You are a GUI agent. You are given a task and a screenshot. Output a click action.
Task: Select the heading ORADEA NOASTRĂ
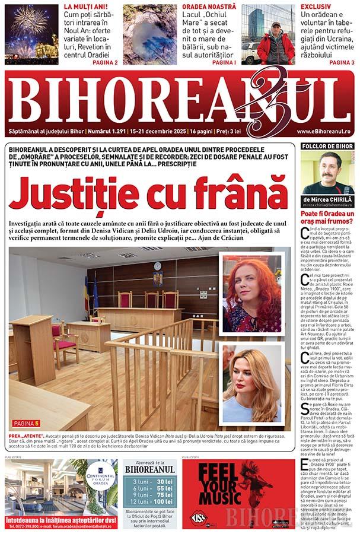209,7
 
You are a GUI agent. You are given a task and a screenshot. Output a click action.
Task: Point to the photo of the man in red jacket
268,34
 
